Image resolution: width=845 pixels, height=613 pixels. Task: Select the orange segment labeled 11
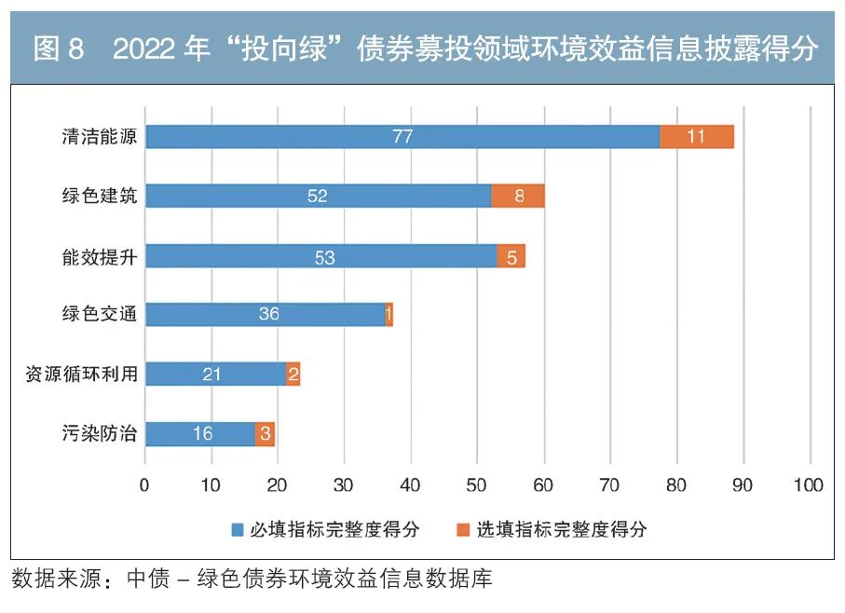point(696,136)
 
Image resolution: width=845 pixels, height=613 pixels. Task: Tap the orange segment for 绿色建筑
point(517,196)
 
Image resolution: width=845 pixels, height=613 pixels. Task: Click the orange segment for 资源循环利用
point(293,374)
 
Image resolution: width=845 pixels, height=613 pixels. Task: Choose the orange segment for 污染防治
point(265,433)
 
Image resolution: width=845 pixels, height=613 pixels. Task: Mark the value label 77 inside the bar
point(402,136)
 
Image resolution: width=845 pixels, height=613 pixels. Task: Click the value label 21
point(211,374)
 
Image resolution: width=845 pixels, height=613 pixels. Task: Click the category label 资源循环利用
point(82,374)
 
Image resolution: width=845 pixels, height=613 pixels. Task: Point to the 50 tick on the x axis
point(477,485)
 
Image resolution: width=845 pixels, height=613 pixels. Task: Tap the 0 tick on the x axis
point(144,485)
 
